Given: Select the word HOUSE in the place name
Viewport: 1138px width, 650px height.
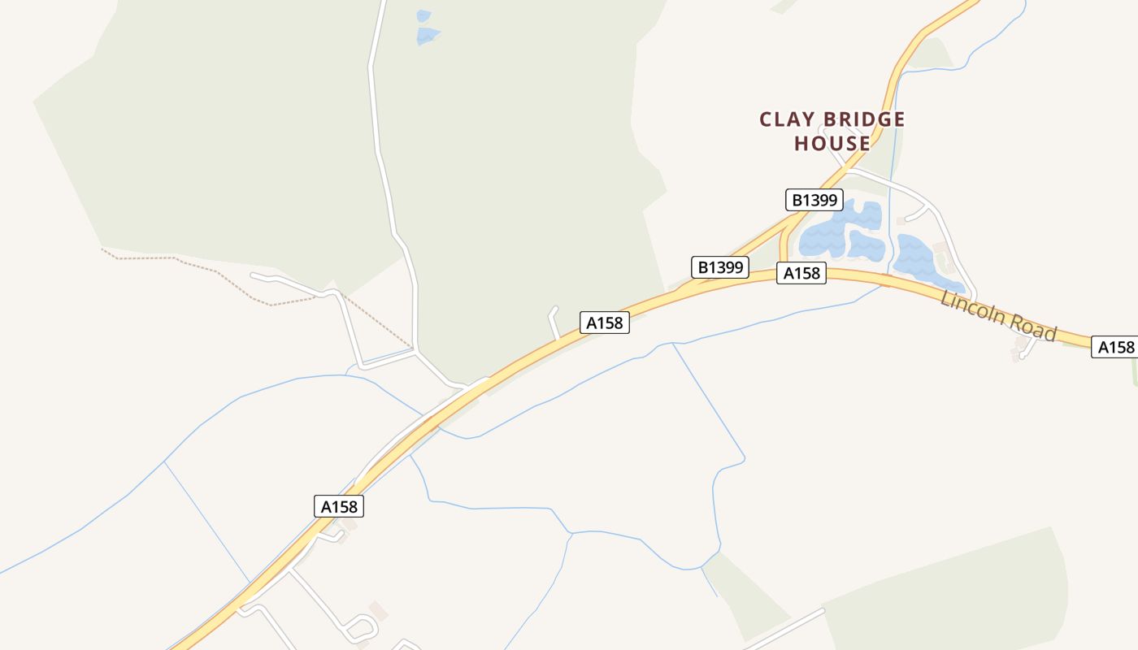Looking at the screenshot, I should tap(832, 144).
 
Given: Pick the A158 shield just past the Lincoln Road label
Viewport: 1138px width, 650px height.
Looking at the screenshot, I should tap(1115, 347).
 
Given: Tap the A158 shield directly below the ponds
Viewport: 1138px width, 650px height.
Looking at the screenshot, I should tap(801, 274).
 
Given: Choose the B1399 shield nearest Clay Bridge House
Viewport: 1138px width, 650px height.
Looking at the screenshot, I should tap(815, 200).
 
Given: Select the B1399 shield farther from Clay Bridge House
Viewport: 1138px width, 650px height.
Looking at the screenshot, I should tap(720, 267).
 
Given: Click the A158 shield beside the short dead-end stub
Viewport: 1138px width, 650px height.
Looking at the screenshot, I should tap(604, 323).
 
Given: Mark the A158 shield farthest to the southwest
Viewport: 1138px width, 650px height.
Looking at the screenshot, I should tap(339, 506).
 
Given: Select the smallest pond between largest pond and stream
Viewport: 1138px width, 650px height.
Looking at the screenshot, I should tap(867, 245).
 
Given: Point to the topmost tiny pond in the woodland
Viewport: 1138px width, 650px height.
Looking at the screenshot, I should tap(423, 15).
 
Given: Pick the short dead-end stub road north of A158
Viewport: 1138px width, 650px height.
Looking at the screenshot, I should tap(554, 323).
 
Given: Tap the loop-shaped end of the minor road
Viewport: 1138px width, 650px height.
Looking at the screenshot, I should tap(363, 627).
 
